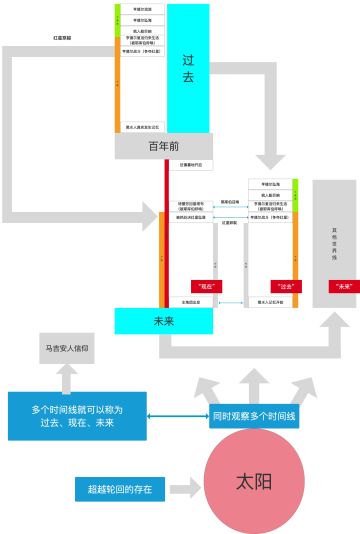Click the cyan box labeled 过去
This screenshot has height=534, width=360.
click(x=188, y=68)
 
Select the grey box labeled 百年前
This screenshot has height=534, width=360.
click(x=165, y=146)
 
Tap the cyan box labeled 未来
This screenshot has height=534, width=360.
click(x=164, y=321)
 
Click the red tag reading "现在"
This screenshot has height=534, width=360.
click(x=206, y=286)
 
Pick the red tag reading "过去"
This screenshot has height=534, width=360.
click(x=286, y=286)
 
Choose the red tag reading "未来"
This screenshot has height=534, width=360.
click(x=343, y=286)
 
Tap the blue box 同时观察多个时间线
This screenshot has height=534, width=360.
click(x=255, y=415)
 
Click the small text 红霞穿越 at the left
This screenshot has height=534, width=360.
click(x=62, y=38)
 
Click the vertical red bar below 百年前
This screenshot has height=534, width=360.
click(x=167, y=230)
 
